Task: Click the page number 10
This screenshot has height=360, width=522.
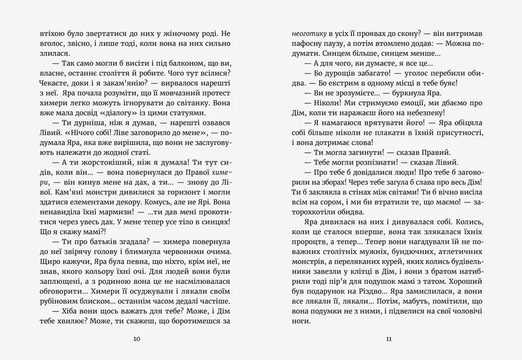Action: [x=137, y=339]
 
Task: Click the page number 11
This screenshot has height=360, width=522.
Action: [x=389, y=339]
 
